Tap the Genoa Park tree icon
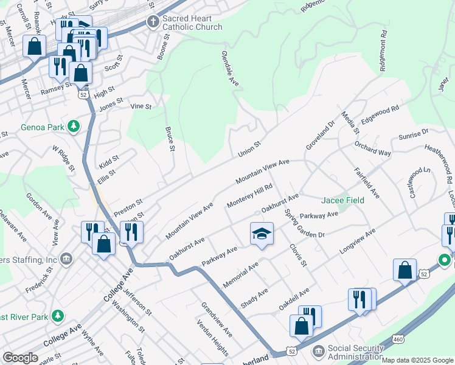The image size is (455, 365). (74, 127)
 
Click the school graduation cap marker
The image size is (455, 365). (261, 234)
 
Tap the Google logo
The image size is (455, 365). (20, 358)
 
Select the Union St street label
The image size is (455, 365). (249, 148)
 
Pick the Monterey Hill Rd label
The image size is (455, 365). (248, 196)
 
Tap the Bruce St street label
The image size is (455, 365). (170, 139)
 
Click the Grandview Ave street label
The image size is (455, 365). (216, 321)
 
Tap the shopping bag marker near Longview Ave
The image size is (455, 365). (405, 271)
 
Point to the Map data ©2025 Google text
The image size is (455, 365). (417, 360)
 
